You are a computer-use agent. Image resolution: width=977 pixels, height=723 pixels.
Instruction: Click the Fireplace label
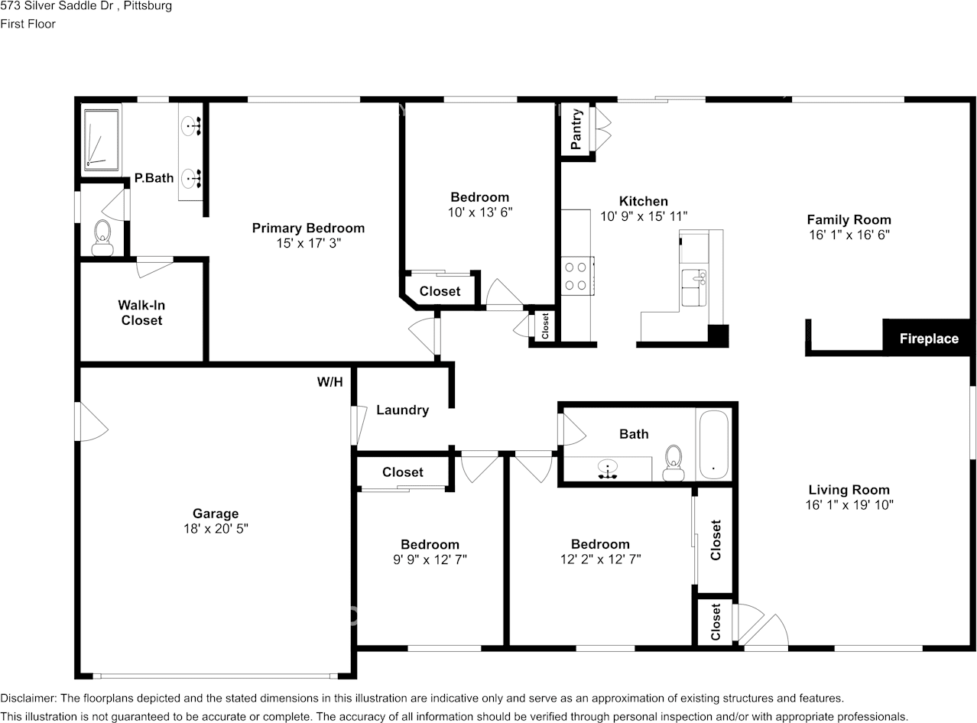929,339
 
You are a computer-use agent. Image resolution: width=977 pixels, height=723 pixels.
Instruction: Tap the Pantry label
576,129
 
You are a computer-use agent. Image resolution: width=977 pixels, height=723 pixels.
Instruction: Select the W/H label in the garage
330,382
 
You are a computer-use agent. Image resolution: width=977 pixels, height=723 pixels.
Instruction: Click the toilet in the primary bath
102,238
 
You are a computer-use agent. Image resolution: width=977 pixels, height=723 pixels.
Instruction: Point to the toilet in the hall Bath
674,463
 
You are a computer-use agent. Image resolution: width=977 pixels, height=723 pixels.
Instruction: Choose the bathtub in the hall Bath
713,444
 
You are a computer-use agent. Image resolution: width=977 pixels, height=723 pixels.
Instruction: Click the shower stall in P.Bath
102,140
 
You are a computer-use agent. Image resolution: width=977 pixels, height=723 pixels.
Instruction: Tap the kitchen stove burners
576,276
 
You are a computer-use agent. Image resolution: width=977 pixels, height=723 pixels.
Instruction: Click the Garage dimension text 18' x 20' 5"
216,528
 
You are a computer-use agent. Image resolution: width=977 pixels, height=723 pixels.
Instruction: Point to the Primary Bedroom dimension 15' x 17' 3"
308,243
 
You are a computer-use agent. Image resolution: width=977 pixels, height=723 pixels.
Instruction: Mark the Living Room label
849,490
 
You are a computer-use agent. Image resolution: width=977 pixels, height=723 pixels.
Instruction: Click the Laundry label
403,410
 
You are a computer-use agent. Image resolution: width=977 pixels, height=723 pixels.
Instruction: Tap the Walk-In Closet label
142,313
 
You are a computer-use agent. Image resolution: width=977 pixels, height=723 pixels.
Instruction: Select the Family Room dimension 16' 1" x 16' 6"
849,235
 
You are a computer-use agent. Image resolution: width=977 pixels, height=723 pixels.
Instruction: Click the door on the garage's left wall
91,421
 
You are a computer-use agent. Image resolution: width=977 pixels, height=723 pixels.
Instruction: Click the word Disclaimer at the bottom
28,699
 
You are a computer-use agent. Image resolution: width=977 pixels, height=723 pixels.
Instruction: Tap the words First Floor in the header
28,24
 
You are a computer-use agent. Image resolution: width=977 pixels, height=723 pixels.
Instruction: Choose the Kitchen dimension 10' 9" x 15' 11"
644,216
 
